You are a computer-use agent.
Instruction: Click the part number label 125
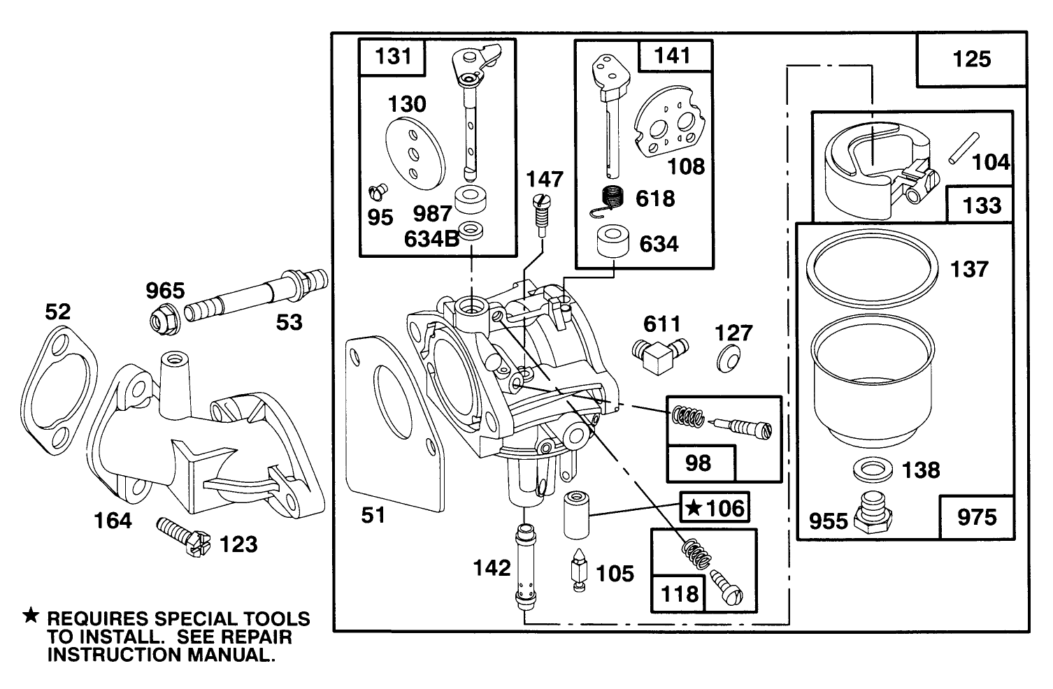(x=971, y=59)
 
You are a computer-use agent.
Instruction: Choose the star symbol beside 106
(x=692, y=507)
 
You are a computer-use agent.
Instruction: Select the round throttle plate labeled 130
(x=415, y=153)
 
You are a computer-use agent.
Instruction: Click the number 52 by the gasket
(x=58, y=312)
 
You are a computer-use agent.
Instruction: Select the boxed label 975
(x=976, y=517)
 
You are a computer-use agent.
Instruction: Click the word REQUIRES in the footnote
(x=97, y=619)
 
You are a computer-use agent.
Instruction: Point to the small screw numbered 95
(x=378, y=189)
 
